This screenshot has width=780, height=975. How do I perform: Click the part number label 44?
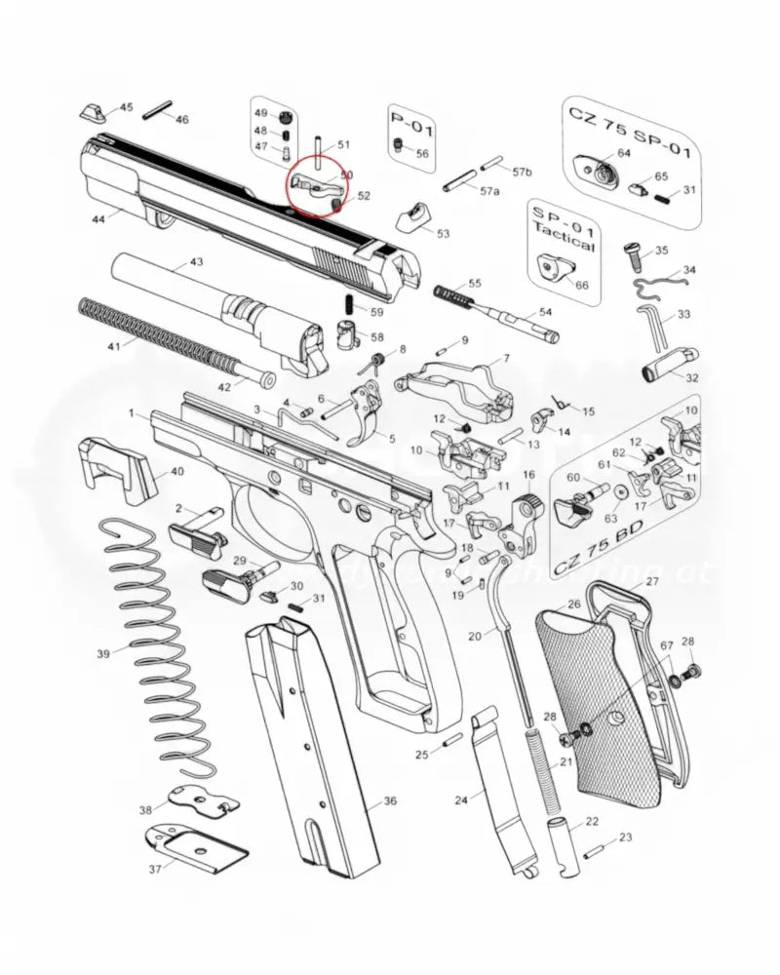pyautogui.click(x=97, y=220)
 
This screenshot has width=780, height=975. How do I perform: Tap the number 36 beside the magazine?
pyautogui.click(x=389, y=801)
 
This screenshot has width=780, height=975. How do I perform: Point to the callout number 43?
pyautogui.click(x=196, y=263)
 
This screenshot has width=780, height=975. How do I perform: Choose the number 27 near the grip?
pyautogui.click(x=652, y=581)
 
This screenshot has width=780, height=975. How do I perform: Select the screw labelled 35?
pyautogui.click(x=631, y=258)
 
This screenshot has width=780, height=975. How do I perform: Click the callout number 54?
pyautogui.click(x=545, y=312)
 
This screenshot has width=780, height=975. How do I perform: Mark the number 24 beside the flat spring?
pyautogui.click(x=461, y=799)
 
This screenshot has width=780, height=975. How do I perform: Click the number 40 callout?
pyautogui.click(x=175, y=471)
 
